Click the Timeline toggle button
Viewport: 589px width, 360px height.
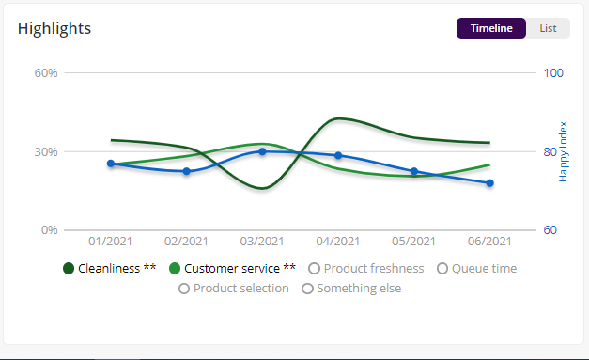click(x=491, y=28)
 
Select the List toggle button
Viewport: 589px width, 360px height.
click(x=548, y=28)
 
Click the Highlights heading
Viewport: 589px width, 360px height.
click(x=54, y=28)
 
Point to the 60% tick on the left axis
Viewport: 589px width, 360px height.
click(x=46, y=72)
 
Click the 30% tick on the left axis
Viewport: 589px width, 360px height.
click(x=46, y=151)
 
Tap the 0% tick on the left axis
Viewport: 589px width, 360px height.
click(x=50, y=230)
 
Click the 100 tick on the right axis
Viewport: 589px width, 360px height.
click(x=553, y=72)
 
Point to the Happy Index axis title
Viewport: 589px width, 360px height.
click(x=564, y=151)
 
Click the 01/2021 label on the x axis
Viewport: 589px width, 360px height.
click(x=111, y=243)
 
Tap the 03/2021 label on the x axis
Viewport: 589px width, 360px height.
click(x=262, y=243)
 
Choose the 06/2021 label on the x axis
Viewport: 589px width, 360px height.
click(x=489, y=243)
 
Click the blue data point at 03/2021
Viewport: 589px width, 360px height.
click(x=262, y=151)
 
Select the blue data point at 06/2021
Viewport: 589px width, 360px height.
click(x=489, y=183)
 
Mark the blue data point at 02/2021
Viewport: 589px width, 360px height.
click(x=187, y=171)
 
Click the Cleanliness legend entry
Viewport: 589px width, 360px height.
click(x=109, y=269)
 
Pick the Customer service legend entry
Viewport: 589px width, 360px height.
click(x=232, y=269)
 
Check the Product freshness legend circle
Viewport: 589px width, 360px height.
click(x=315, y=269)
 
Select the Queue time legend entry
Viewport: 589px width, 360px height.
click(x=477, y=269)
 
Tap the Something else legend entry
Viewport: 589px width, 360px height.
click(x=351, y=289)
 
